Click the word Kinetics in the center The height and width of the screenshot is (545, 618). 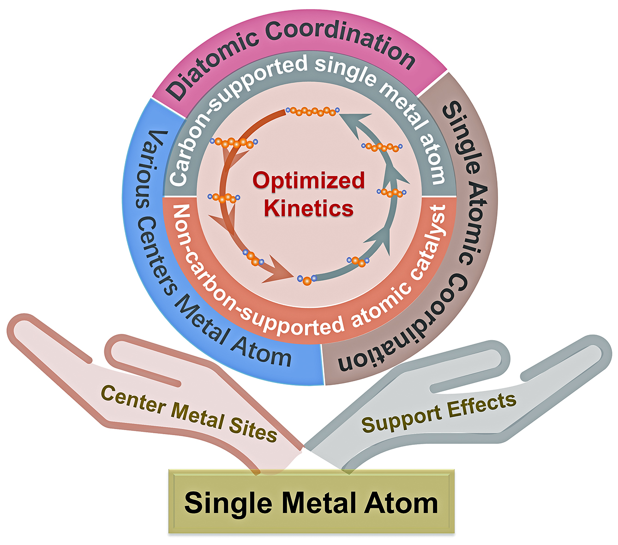pyautogui.click(x=309, y=209)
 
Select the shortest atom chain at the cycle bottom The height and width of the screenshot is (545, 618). pyautogui.click(x=307, y=279)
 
